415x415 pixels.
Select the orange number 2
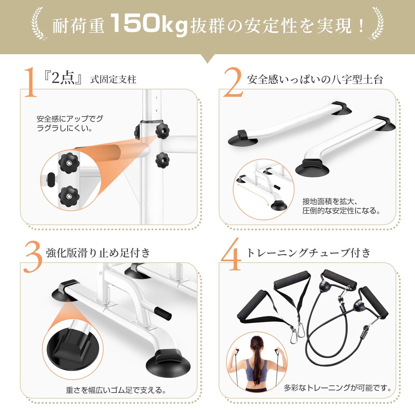(x=233, y=82)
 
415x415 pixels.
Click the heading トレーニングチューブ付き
(x=309, y=253)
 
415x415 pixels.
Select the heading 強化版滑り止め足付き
(x=98, y=253)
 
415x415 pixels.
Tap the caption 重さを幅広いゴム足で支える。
(x=116, y=390)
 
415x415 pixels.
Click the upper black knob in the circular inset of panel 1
(x=69, y=163)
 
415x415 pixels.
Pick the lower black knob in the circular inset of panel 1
(x=68, y=196)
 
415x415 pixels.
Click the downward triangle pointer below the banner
(x=207, y=59)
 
